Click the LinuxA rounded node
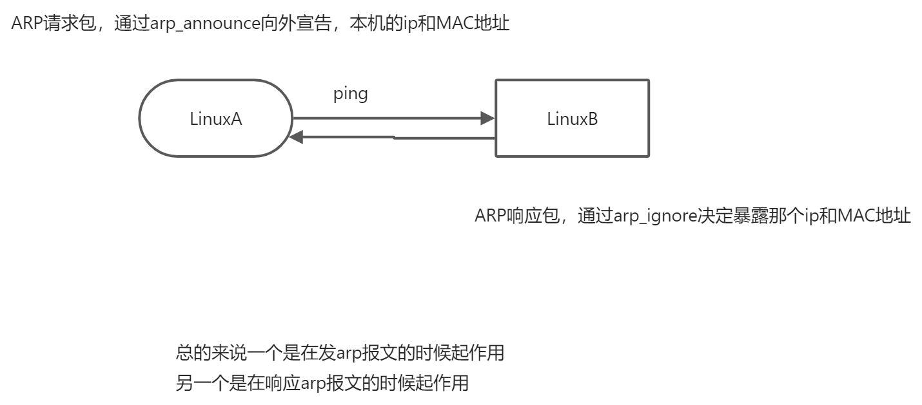click(x=216, y=118)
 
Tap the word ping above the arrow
click(x=351, y=94)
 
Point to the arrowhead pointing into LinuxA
click(x=297, y=137)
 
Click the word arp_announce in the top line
click(x=206, y=24)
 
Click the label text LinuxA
click(x=216, y=118)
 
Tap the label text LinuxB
click(x=572, y=119)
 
